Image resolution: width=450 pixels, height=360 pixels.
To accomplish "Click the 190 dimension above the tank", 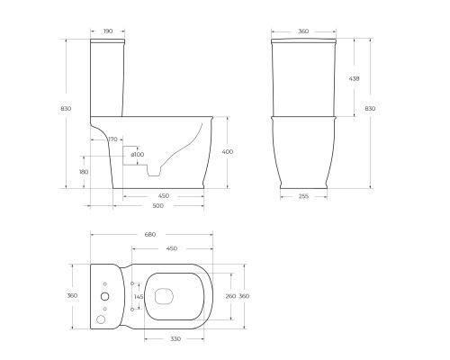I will [x=107, y=31].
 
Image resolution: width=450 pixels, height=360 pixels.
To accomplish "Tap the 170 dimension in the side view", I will [x=113, y=139].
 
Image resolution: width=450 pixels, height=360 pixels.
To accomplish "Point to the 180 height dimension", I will [x=84, y=171].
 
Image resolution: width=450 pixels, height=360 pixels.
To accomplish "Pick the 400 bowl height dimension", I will [x=227, y=152].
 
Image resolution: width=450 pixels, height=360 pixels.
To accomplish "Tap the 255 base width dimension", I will [x=303, y=197].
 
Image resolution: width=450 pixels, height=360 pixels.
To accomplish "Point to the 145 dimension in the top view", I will [x=138, y=296].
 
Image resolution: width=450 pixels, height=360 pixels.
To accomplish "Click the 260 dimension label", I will [x=229, y=296].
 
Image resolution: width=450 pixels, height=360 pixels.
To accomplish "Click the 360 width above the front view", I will [x=303, y=31].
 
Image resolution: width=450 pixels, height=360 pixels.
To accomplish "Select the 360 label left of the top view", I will [x=72, y=295].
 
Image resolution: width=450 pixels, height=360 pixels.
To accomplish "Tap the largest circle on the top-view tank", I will [x=102, y=318].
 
